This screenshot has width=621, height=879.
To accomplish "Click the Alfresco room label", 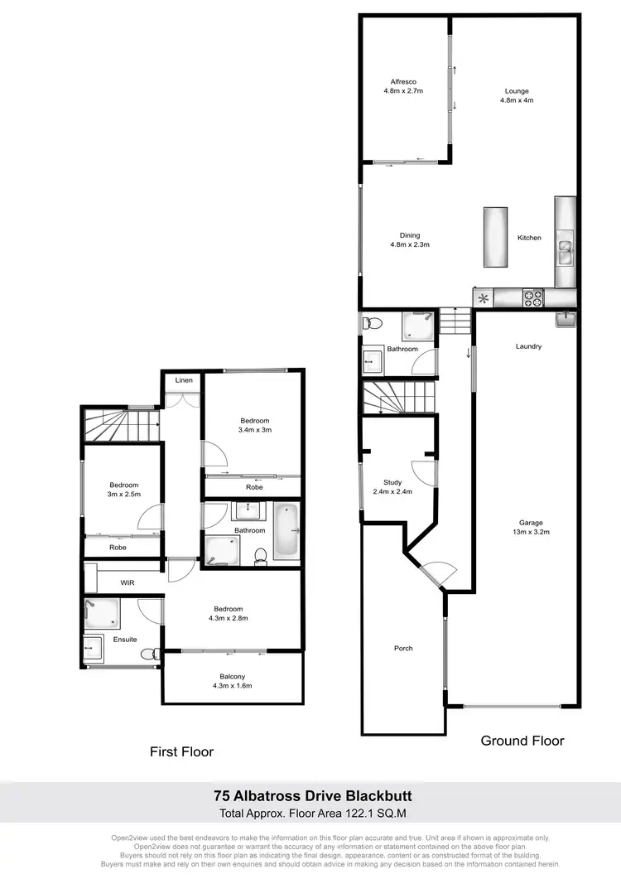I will pos(403,81).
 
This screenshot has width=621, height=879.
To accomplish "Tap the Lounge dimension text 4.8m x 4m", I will pos(517,100).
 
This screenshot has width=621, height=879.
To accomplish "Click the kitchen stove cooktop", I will pos(532,296).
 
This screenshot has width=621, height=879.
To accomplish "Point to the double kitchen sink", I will pos(566,250).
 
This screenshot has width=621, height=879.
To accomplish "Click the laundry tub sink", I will pos(566,318).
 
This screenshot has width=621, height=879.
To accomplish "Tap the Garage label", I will pos(531,523).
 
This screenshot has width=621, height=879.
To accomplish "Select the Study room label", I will pos(392,482).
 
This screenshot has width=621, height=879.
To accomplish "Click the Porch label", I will pos(403,648).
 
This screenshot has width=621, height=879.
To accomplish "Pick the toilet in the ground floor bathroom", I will pos(373,321).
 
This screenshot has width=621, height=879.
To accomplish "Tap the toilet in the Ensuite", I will pos(148,654).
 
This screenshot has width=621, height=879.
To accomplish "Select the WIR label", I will pos(128,583).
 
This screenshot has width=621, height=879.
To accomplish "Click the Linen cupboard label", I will pos(183,380).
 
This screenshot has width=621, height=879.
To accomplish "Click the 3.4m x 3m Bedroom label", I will pos(254,425).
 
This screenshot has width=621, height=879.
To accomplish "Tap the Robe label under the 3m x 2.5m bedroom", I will pos(119,548).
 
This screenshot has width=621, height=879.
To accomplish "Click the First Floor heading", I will pos(181,751).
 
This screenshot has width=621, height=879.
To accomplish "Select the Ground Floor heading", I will pos(522,740).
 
